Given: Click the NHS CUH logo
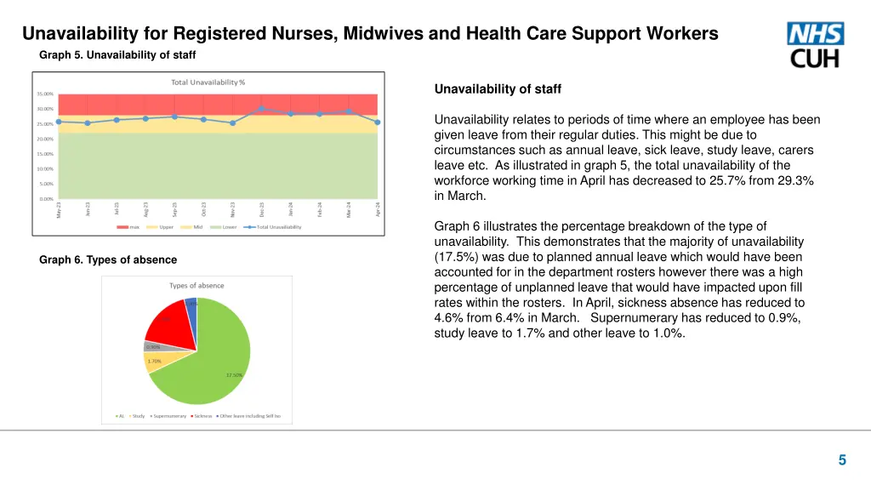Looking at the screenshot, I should [x=815, y=45].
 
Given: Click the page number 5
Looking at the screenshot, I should [x=842, y=460].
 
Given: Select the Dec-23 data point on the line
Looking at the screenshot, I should [x=261, y=109].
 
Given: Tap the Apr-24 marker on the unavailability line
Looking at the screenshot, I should [x=377, y=122].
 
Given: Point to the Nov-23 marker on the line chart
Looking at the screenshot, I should [x=232, y=122].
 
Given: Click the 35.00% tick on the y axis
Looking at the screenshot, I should [x=45, y=94].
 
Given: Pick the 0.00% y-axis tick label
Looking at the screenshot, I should [x=47, y=198].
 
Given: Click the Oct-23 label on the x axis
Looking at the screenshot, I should [x=203, y=209].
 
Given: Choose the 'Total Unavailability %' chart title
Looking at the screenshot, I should [x=208, y=82].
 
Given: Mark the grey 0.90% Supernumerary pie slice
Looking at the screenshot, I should [x=157, y=346].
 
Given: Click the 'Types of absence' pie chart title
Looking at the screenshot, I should [x=196, y=285].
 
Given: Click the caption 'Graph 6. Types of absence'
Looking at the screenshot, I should [x=108, y=259].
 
